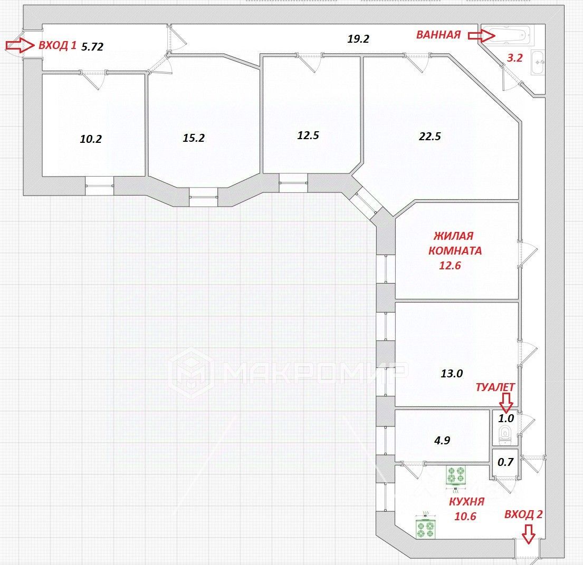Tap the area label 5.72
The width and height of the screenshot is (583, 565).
[x=92, y=46]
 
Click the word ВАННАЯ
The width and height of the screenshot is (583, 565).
[x=438, y=35]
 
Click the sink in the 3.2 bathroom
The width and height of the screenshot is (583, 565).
[x=539, y=62]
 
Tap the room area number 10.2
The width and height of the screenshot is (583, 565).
[x=91, y=139]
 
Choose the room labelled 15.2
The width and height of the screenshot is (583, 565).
[x=194, y=138]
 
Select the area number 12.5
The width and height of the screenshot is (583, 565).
[x=308, y=135]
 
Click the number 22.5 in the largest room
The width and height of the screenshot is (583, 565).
[x=429, y=136]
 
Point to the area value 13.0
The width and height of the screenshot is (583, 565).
[x=452, y=374]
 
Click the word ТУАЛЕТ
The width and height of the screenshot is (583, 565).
[x=495, y=387]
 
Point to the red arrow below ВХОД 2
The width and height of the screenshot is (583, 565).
[x=528, y=534]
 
